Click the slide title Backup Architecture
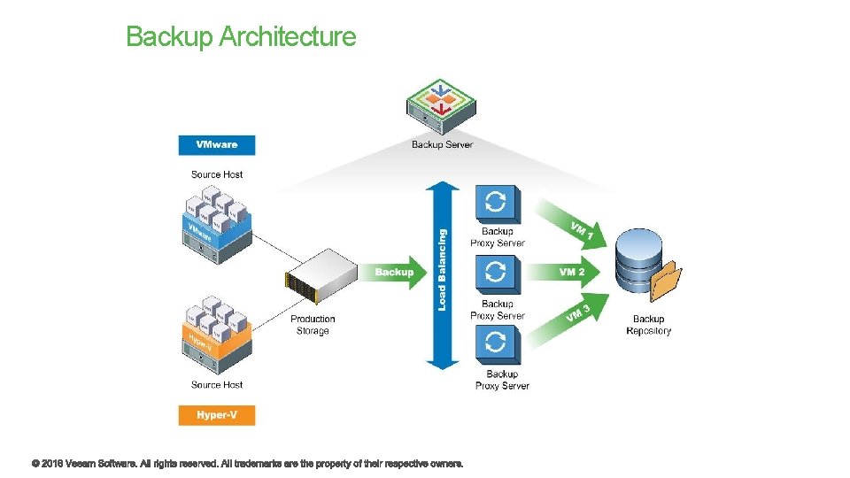[x=241, y=37]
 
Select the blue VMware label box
[x=217, y=145]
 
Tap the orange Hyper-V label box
[x=217, y=414]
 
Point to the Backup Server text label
[x=442, y=144]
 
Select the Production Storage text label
[x=313, y=325]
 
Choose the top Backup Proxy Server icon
[x=498, y=204]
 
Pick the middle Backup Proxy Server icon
[x=498, y=275]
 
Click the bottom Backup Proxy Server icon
[x=498, y=346]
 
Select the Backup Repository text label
[x=648, y=325]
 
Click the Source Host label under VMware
[x=217, y=174]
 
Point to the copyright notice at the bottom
[x=247, y=463]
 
